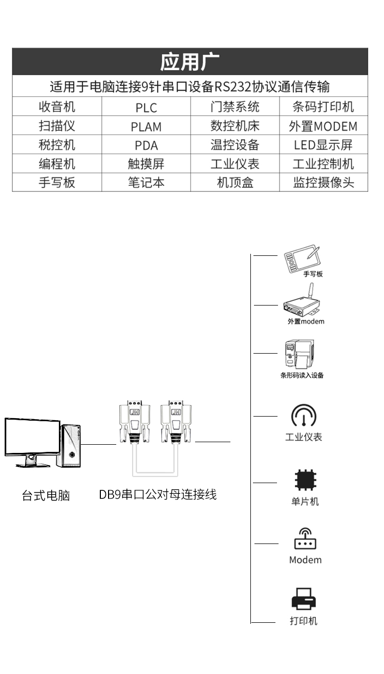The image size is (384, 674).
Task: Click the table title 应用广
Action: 189,62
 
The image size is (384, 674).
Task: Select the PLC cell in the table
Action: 146,107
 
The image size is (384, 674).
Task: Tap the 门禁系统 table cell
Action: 235,107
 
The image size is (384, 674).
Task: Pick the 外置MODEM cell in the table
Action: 323,126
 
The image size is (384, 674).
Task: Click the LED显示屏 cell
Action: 323,145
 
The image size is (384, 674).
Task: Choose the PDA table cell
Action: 146,145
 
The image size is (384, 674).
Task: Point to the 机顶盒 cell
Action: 235,183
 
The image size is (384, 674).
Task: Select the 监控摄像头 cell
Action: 323,183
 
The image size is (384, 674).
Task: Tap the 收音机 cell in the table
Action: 57,107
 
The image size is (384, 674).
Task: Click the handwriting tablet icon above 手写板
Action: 303,259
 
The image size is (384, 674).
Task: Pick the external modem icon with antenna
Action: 302,305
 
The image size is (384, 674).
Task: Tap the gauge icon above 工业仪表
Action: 304,416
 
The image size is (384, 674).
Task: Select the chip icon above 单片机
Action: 305,480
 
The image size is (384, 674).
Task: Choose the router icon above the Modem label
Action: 305,539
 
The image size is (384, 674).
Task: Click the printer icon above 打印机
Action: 304,599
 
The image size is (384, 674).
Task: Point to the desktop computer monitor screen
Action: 32,436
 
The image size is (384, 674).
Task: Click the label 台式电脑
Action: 46,495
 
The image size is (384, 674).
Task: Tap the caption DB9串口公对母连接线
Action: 158,494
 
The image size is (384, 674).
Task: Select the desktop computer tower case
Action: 72,444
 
